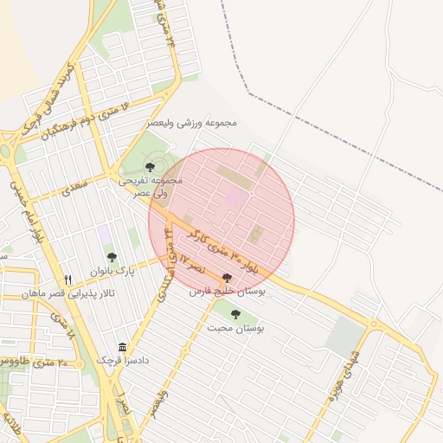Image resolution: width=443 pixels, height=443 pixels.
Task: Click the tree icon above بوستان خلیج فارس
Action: pos(227,279)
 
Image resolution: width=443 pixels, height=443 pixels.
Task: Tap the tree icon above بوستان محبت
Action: pos(236,314)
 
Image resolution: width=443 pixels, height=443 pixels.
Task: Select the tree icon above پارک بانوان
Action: pos(112,256)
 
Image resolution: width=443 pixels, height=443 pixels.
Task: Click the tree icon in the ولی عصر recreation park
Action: pos(151,165)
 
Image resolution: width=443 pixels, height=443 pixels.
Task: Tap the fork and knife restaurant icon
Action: pos(67,279)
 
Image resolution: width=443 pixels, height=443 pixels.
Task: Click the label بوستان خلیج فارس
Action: pos(227,292)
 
